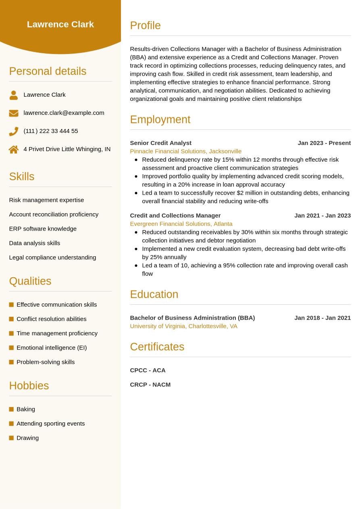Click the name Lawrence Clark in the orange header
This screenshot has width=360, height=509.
point(60,25)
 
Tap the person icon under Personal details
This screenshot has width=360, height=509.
point(14,95)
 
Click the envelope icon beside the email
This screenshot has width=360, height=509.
point(14,113)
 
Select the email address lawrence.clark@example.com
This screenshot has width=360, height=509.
point(64,113)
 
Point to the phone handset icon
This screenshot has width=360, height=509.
point(14,131)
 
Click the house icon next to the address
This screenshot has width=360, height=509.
point(14,150)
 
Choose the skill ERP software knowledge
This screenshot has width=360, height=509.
point(43,229)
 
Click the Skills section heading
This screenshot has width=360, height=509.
point(22,177)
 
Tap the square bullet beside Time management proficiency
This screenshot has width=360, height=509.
point(11,333)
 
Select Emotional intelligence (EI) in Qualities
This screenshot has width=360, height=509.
point(52,347)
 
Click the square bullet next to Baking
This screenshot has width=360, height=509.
point(11,409)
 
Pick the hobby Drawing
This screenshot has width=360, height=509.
point(27,438)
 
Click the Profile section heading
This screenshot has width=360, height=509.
point(145,25)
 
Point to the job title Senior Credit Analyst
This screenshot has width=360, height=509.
point(160,143)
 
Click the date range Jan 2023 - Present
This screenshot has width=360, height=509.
point(324,143)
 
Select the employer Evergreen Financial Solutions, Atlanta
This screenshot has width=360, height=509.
point(181,224)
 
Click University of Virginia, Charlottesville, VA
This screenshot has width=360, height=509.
point(183,326)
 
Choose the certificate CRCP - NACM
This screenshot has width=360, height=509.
point(150,384)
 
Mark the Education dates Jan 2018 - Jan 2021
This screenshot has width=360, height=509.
point(323,318)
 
